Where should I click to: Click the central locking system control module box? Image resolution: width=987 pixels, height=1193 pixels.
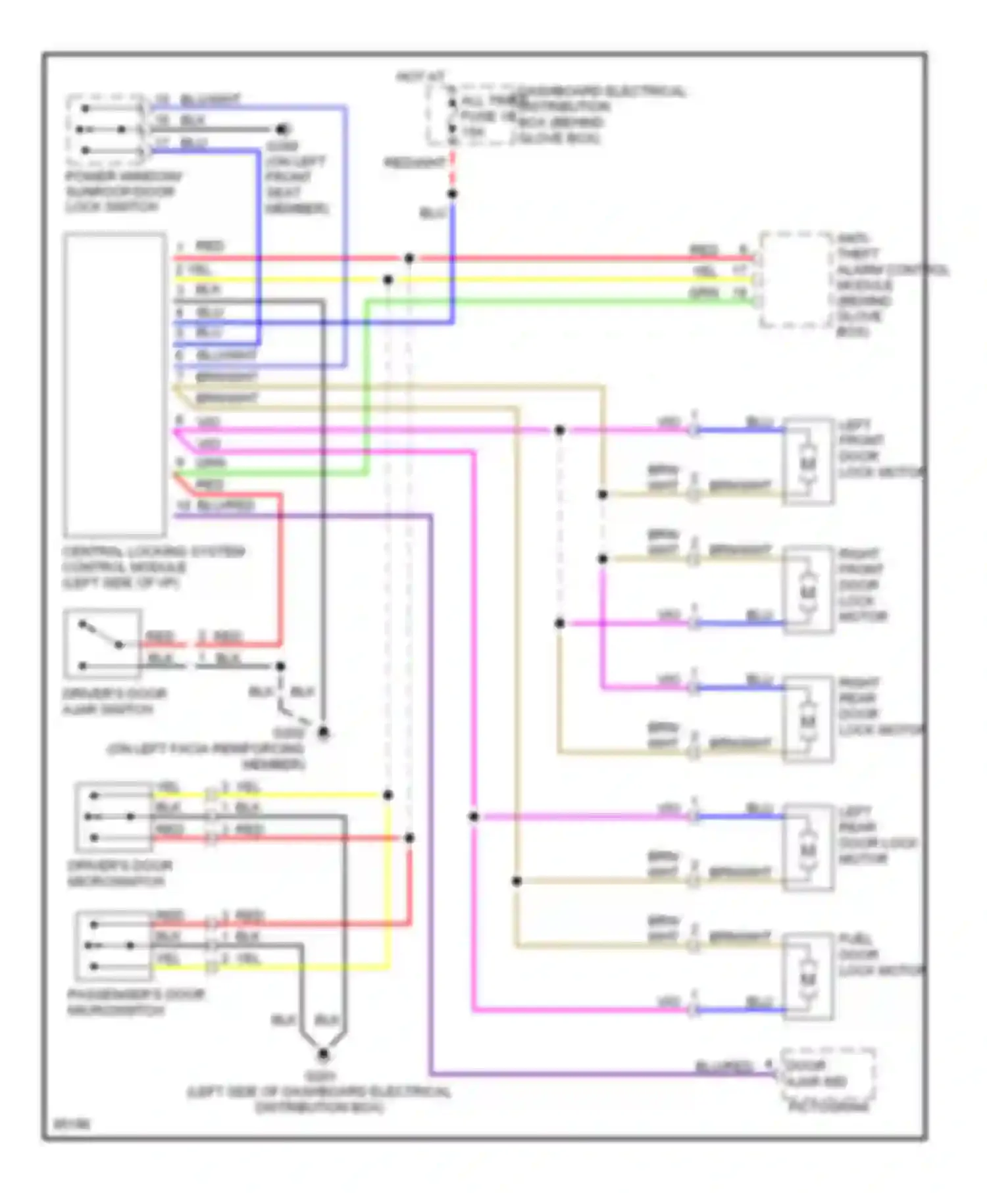[114, 385]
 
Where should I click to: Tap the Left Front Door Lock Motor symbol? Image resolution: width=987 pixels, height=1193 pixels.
[808, 462]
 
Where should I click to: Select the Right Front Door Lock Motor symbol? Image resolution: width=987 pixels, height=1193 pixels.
[808, 591]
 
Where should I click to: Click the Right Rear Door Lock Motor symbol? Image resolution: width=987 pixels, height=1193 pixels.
[808, 719]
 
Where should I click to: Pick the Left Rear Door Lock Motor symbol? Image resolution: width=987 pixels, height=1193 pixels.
[808, 848]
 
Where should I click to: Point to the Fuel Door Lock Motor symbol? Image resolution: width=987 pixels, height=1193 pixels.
[808, 977]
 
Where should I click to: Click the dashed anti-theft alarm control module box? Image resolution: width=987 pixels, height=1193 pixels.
[796, 280]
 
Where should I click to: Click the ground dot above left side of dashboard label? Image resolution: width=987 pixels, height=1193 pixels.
[323, 1054]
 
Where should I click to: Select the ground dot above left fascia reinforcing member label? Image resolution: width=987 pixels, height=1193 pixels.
[323, 732]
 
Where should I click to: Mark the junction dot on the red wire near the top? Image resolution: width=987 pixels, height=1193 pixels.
[409, 258]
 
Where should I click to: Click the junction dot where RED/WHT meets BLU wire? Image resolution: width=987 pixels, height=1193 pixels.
[452, 194]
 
